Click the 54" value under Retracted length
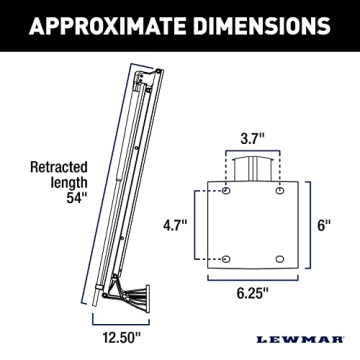pos(65,196)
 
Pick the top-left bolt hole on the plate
pos(226,189)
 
